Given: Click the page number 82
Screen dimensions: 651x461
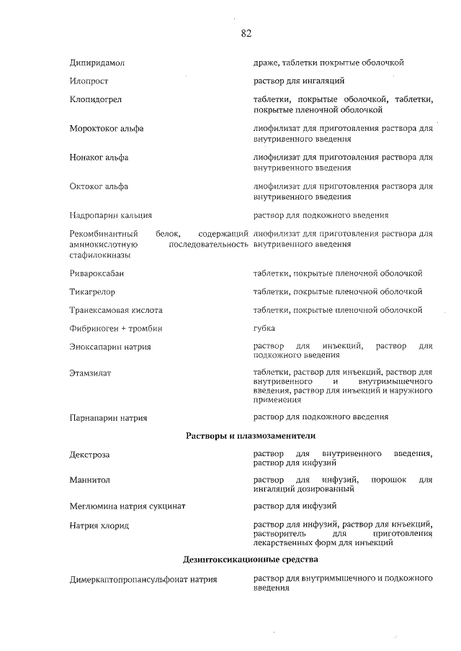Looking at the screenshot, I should (x=246, y=33).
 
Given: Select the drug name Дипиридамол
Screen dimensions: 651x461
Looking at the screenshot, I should (x=97, y=63).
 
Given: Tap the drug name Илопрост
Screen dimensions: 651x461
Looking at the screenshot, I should (x=89, y=82).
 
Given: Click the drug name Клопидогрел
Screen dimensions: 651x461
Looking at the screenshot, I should (x=94, y=101).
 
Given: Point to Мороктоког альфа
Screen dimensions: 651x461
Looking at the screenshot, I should (x=107, y=129).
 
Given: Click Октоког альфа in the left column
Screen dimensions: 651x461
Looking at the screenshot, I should (x=99, y=187).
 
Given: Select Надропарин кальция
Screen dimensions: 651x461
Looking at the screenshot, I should (x=111, y=215).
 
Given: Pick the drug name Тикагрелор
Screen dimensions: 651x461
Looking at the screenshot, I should (x=93, y=292).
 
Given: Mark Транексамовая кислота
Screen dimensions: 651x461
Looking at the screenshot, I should (x=116, y=311).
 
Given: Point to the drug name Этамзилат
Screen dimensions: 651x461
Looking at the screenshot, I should (x=90, y=373).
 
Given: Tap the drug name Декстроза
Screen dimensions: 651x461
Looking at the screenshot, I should (x=90, y=455).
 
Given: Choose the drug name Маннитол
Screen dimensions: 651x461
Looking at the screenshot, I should (x=90, y=480).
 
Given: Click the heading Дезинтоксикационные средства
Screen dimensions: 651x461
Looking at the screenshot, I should (x=251, y=559).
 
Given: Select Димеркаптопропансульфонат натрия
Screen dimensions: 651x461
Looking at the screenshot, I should (x=143, y=579).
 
